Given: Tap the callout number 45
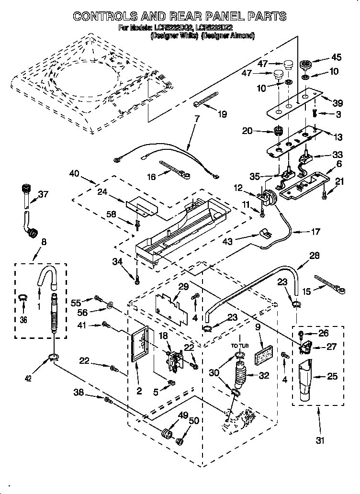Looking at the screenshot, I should tap(336, 57).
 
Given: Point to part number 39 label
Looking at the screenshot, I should tap(338, 103).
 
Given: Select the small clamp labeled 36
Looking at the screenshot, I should tap(22, 299).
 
